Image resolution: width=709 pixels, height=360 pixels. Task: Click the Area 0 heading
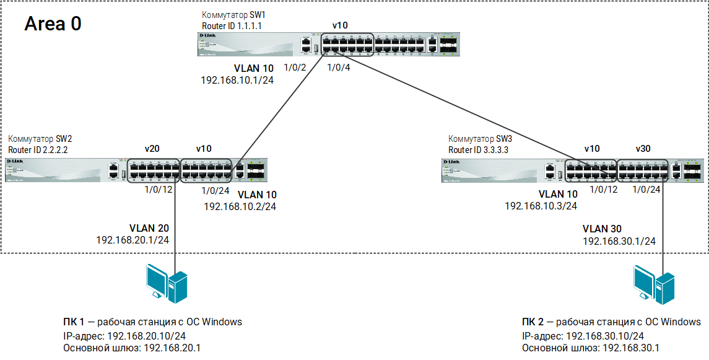[x=53, y=24]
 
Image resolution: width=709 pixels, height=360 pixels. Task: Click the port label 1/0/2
[x=295, y=68]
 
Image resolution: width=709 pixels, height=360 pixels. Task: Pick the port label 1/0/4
[x=339, y=68]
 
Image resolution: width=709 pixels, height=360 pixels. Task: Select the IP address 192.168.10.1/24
[x=237, y=81]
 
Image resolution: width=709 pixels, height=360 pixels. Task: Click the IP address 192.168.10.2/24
[x=240, y=206]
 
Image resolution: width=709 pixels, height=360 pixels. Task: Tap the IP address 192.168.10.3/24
[x=541, y=206]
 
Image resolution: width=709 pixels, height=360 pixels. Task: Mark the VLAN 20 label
[x=149, y=227]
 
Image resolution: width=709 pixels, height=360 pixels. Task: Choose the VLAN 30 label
[x=602, y=229]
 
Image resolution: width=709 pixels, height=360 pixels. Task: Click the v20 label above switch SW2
[x=152, y=149]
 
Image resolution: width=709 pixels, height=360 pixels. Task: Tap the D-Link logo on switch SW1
[x=207, y=37]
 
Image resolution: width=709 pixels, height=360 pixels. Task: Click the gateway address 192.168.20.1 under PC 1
[x=172, y=348]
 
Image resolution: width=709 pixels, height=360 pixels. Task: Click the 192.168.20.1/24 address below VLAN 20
[x=133, y=240]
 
